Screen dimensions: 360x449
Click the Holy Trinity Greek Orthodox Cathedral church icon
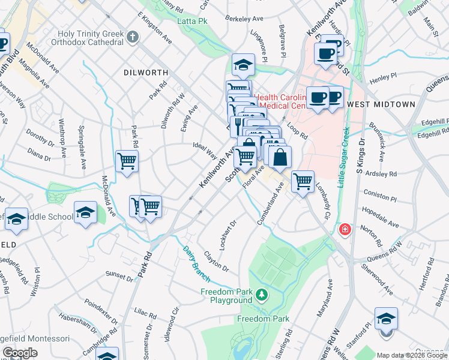tap(133, 38)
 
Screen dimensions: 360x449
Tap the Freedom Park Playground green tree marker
tap(261, 295)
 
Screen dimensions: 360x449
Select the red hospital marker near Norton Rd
tap(345, 229)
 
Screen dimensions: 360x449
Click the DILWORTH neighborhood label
tap(145, 72)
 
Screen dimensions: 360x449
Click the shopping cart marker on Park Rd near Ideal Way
tap(127, 161)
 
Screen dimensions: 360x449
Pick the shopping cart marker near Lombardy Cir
tap(303, 180)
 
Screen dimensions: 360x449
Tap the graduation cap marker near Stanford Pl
tap(385, 318)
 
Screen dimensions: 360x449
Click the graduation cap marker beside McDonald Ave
tap(85, 212)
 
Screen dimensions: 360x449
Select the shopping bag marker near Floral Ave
tap(280, 158)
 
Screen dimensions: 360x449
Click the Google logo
tap(20, 353)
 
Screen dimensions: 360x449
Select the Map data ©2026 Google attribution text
tap(412, 355)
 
